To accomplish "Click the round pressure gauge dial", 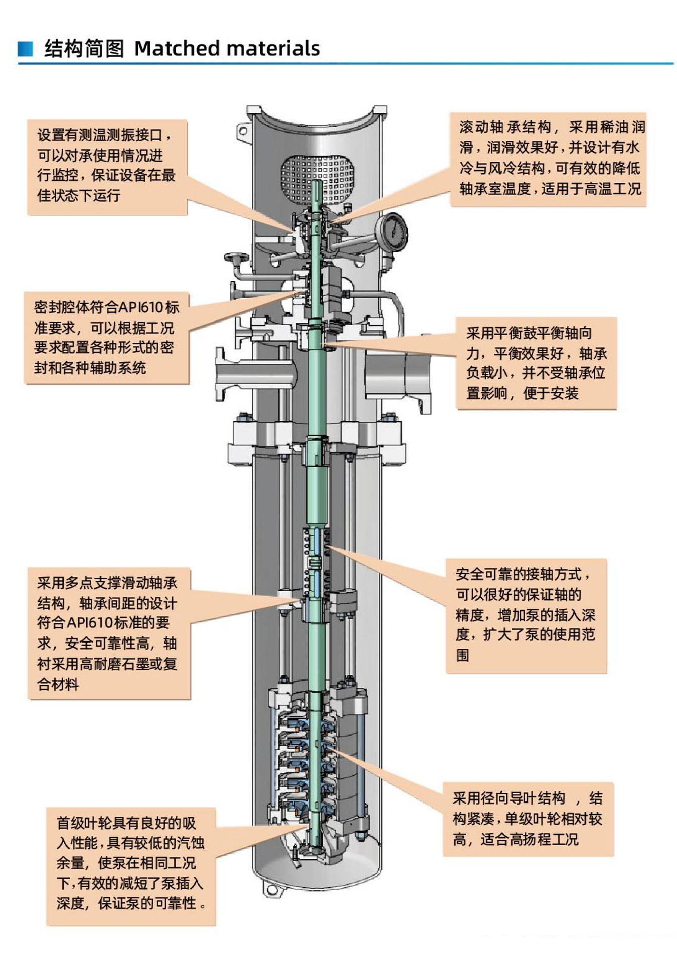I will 392,231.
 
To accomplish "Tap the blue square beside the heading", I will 25,49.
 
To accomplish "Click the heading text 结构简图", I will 84,49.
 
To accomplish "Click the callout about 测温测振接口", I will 107,167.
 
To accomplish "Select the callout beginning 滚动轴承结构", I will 548,159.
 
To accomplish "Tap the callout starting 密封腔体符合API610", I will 106,338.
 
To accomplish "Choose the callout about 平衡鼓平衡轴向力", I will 536,363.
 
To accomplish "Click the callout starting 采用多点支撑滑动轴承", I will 108,633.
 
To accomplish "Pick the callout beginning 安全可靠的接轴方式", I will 526,615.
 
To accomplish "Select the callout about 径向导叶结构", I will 528,819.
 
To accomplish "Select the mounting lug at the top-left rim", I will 242,132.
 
